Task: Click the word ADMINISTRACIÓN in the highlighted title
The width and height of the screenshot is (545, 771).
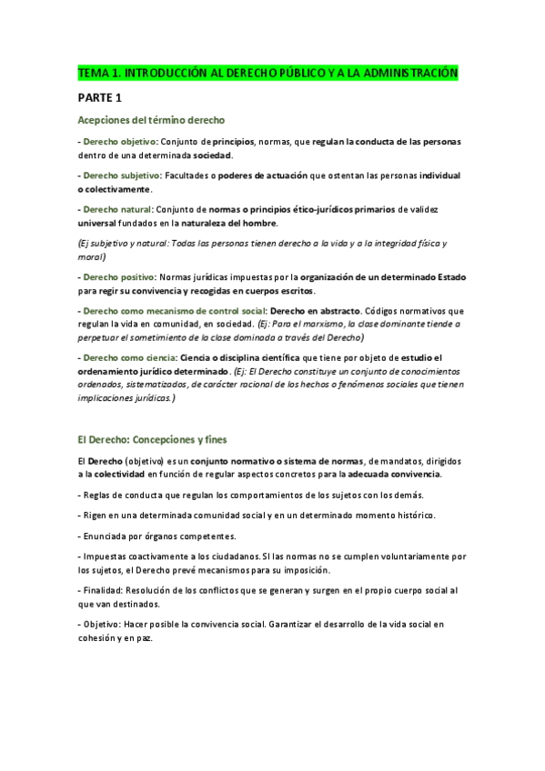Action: click(415, 72)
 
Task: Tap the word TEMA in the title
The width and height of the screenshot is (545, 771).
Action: click(92, 72)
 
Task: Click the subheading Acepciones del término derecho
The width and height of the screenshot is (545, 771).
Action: click(151, 120)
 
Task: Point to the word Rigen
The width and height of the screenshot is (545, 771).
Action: click(96, 515)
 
